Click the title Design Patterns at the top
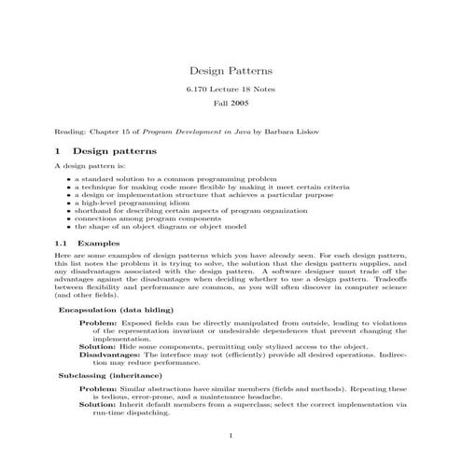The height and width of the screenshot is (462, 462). pos(231,70)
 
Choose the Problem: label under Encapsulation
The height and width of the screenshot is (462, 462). pos(98,322)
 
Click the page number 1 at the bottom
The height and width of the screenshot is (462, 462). pos(231,436)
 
